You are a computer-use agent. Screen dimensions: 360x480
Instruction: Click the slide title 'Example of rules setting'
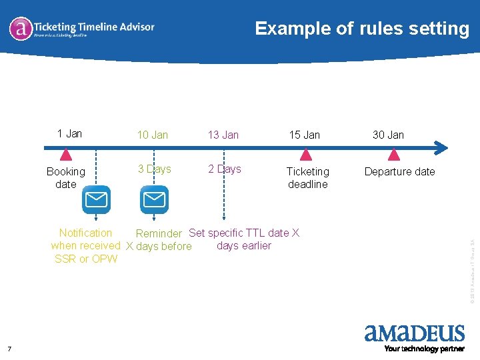click(362, 29)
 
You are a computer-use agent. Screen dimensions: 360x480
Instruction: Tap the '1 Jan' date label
click(69, 133)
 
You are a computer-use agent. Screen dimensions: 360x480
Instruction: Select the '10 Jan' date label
click(153, 135)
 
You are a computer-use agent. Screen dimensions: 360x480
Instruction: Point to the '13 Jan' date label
click(223, 135)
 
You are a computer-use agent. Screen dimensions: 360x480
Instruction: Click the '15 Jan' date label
click(304, 135)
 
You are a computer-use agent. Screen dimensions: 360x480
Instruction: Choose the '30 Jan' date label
click(388, 135)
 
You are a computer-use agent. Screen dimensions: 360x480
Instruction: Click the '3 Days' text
click(154, 169)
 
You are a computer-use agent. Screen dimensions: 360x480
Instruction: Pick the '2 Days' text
click(224, 169)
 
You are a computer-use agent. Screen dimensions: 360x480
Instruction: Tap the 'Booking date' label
click(65, 178)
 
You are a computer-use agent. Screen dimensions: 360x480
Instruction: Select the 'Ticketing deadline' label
click(307, 178)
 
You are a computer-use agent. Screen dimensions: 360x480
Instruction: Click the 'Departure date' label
click(399, 171)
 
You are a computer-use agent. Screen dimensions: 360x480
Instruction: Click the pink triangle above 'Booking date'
click(65, 155)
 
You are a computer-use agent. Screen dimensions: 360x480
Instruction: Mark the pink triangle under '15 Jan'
click(305, 155)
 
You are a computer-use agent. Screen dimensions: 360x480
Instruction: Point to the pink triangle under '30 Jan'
click(393, 155)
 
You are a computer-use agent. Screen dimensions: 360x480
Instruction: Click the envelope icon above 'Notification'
click(97, 199)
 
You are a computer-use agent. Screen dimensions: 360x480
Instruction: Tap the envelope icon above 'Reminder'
click(155, 199)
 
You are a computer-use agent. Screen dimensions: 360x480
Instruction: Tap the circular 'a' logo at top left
click(21, 29)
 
